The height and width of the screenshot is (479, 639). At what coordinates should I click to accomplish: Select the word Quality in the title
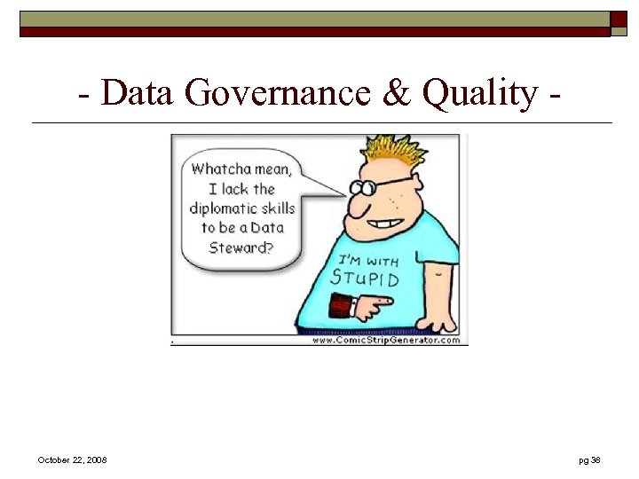479,92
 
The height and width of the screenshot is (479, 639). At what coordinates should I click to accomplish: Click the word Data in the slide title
138,92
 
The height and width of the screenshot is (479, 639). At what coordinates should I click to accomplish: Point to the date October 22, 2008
73,459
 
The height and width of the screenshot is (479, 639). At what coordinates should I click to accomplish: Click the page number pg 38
589,459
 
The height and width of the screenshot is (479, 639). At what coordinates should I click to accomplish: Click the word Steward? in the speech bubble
241,247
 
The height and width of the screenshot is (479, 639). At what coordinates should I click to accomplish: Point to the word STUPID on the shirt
365,278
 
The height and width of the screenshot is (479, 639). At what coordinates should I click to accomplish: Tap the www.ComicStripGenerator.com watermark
387,340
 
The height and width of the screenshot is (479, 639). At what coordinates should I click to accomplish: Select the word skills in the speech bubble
275,208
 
